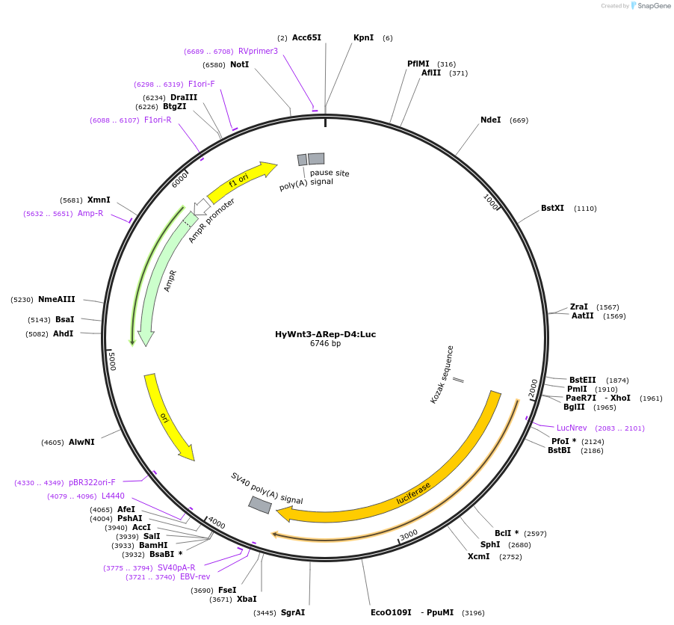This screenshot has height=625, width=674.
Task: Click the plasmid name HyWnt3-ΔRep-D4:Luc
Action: point(325,334)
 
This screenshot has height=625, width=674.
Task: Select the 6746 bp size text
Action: point(325,344)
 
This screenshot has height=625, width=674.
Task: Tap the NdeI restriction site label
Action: point(491,120)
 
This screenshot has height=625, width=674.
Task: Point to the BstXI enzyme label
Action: point(553,209)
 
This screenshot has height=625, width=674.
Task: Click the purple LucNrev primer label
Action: point(572,428)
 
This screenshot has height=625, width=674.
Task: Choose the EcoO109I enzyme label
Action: point(391,612)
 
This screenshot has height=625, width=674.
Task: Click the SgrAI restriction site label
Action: point(293,612)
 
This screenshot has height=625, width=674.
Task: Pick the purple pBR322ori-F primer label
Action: point(92,482)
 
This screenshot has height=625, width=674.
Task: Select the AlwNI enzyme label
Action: point(81,443)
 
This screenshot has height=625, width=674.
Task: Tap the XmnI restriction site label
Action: point(99,200)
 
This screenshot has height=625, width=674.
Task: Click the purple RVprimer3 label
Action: point(258,51)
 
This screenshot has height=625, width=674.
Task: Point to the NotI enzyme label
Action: point(239,64)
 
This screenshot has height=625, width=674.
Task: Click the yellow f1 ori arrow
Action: point(241,182)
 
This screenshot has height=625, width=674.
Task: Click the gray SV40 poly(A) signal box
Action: point(260,505)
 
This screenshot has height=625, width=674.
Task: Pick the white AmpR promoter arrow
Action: point(200,206)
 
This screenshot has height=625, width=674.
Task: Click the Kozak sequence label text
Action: point(442,374)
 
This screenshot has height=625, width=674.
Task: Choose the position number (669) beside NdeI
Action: point(519,120)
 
